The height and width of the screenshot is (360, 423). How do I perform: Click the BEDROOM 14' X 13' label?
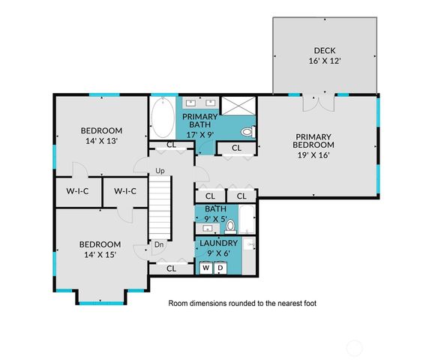click(101, 134)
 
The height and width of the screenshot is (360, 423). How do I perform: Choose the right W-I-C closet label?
click(125, 191)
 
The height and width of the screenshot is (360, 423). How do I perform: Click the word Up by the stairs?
click(160, 171)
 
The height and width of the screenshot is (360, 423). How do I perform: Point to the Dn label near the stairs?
click(159, 244)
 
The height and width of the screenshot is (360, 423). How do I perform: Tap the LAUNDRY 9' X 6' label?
click(218, 247)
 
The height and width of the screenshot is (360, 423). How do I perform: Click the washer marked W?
click(205, 267)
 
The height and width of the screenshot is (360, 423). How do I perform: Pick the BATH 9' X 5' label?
click(216, 214)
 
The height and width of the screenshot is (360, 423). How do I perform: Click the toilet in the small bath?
click(231, 223)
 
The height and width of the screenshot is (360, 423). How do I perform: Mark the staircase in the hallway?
click(159, 206)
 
